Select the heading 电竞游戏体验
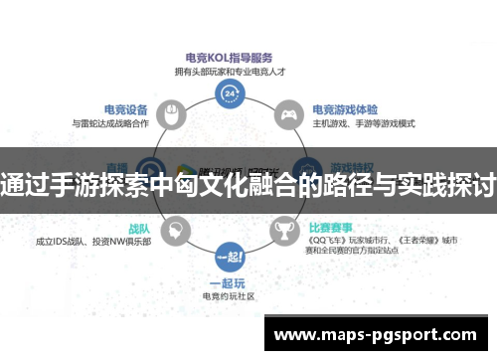click(347, 110)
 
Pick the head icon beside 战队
click(175, 231)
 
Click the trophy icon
click(284, 231)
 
